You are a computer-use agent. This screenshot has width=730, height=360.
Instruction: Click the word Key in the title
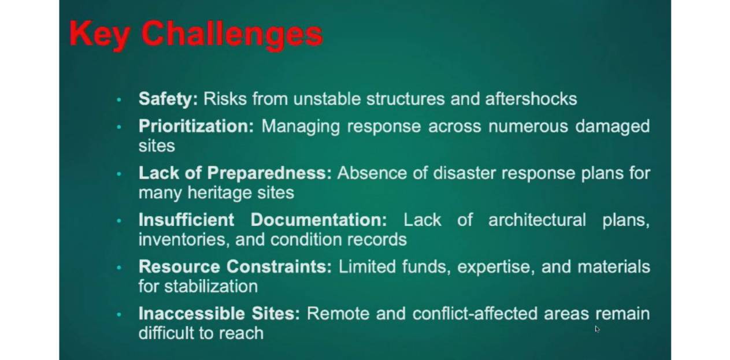click(100, 35)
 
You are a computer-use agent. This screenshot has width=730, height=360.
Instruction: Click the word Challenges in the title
click(232, 35)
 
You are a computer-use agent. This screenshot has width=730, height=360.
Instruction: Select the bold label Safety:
click(168, 99)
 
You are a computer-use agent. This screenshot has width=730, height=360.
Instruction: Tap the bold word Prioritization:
click(196, 127)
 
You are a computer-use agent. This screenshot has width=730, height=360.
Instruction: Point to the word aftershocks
click(531, 99)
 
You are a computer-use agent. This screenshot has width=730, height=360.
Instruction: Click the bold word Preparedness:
click(269, 173)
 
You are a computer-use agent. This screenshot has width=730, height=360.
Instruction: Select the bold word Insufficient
click(187, 220)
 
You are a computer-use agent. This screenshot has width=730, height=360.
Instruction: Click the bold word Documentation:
click(318, 220)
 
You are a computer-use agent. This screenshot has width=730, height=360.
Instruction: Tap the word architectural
click(537, 220)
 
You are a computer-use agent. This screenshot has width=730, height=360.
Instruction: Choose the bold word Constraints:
click(279, 266)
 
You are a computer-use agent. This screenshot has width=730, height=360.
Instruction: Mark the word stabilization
click(211, 287)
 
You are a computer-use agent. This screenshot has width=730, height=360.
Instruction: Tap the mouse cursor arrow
click(597, 329)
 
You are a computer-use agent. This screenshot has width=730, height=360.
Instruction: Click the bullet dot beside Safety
click(119, 100)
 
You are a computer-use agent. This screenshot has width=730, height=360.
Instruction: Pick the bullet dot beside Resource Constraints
click(119, 268)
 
